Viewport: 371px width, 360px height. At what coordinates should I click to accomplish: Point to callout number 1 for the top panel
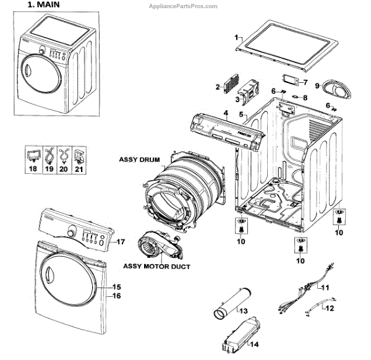click(x=237, y=38)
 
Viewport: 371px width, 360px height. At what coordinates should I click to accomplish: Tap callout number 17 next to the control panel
click(x=121, y=241)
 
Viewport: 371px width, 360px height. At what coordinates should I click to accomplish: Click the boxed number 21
click(x=78, y=167)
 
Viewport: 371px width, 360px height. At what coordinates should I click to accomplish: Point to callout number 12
click(x=330, y=307)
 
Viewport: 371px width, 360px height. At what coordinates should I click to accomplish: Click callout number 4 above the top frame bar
click(x=226, y=113)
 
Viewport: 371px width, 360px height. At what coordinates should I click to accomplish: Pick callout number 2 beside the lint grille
click(x=218, y=87)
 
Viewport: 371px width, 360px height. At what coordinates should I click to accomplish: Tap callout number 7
click(x=305, y=82)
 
